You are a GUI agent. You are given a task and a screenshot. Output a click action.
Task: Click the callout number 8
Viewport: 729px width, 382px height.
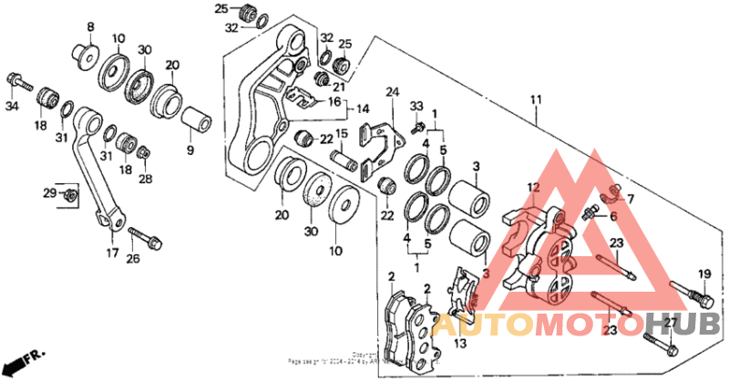click(x=90, y=26)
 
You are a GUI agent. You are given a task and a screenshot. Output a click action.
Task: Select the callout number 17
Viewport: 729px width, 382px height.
click(x=112, y=253)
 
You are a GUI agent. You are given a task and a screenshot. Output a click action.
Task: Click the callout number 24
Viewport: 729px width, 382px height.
click(x=393, y=92)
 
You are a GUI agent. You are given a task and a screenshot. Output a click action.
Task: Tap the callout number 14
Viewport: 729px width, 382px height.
click(x=337, y=108)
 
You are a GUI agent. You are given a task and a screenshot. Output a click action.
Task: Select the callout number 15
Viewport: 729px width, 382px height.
click(x=343, y=134)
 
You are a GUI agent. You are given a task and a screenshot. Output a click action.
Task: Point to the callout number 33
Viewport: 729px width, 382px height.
click(x=418, y=106)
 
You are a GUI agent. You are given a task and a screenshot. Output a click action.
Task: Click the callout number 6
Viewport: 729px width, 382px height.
click(x=612, y=216)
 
